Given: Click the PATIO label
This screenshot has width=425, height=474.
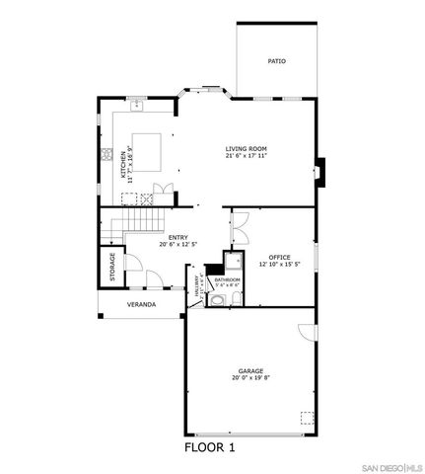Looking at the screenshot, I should point(277,62).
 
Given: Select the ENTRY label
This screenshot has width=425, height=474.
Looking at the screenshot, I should point(178,237).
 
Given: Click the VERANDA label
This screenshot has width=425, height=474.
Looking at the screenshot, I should point(141,304).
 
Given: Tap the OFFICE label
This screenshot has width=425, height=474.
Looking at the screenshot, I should point(279,257).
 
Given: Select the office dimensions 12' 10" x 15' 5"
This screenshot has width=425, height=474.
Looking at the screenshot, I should point(279,265).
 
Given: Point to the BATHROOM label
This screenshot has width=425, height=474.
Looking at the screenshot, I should point(228,279).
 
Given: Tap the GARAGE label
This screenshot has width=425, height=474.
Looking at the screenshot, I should point(249,370).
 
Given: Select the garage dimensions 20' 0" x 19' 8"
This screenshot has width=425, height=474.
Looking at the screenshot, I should point(249,378).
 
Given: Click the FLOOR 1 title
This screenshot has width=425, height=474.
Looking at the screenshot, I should point(210,446).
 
